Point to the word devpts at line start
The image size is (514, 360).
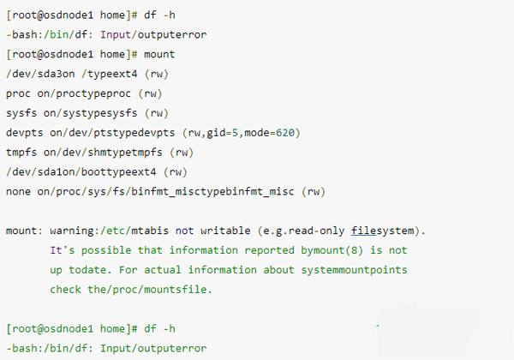coord(24,133)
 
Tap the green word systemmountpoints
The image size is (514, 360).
coord(350,270)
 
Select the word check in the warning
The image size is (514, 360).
coord(67,290)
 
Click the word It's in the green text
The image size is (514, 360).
coord(62,251)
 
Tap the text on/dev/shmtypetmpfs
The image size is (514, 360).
coord(96,153)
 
